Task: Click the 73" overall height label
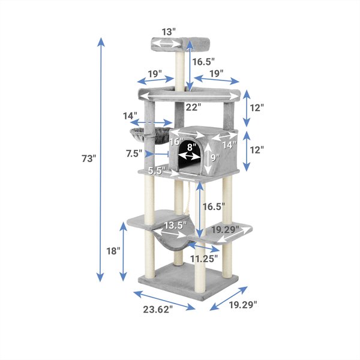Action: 89,158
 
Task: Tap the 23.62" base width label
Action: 158,310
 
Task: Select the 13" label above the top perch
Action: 169,32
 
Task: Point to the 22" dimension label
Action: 193,107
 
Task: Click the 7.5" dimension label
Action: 134,154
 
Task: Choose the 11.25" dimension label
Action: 204,259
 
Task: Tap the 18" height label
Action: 113,251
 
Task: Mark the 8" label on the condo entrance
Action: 190,147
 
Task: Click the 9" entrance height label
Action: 215,158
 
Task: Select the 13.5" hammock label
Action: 176,226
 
